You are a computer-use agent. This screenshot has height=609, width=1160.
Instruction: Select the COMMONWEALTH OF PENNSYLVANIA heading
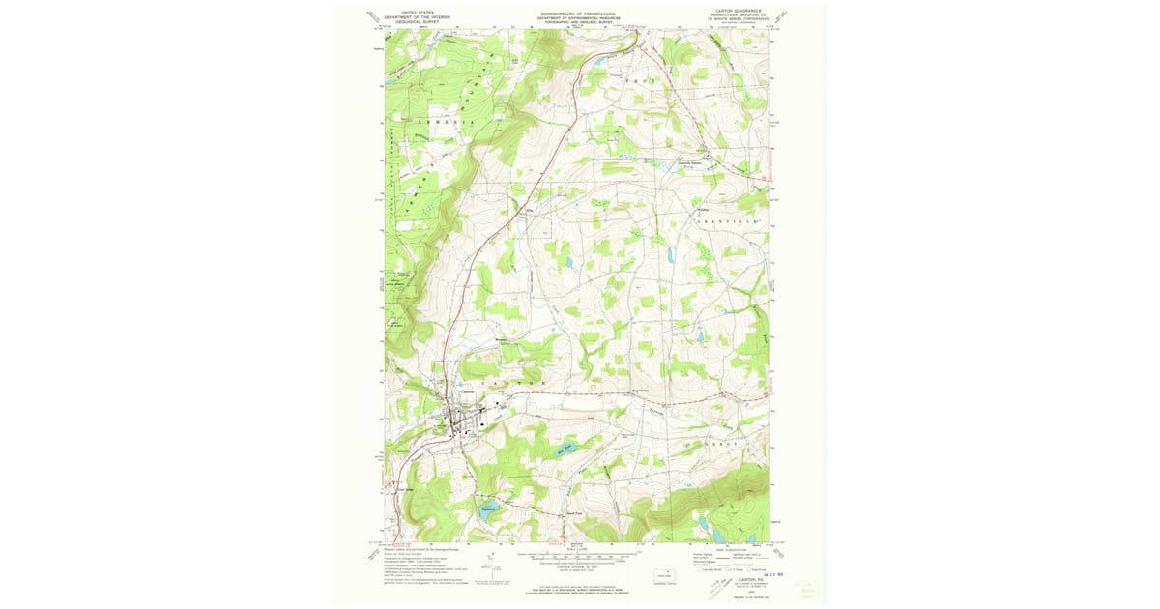pos(580,14)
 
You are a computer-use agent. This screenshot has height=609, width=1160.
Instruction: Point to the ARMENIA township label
pos(446,123)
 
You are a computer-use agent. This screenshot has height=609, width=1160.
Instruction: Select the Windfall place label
pos(703,209)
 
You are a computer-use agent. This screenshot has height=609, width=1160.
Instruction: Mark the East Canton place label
pos(640,391)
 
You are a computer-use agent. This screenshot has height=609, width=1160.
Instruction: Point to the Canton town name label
pos(467,391)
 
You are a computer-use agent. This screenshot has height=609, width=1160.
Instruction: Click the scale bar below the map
pos(577,556)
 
